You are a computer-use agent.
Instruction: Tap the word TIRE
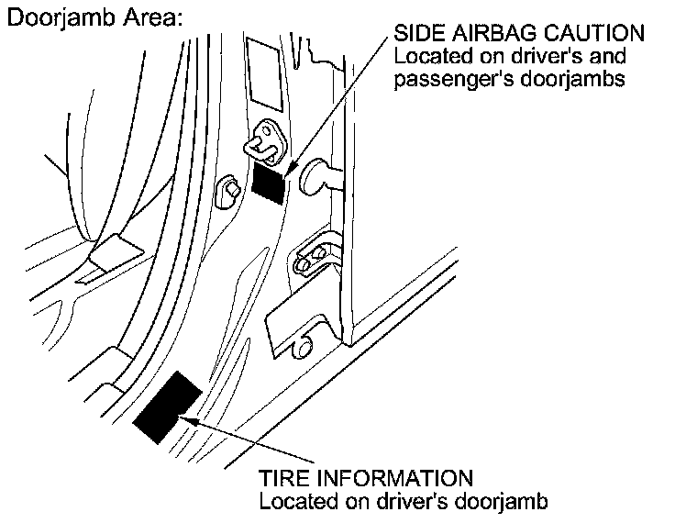tap(284, 478)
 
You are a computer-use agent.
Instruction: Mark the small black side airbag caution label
tap(269, 181)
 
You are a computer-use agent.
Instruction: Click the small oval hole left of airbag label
tap(230, 191)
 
